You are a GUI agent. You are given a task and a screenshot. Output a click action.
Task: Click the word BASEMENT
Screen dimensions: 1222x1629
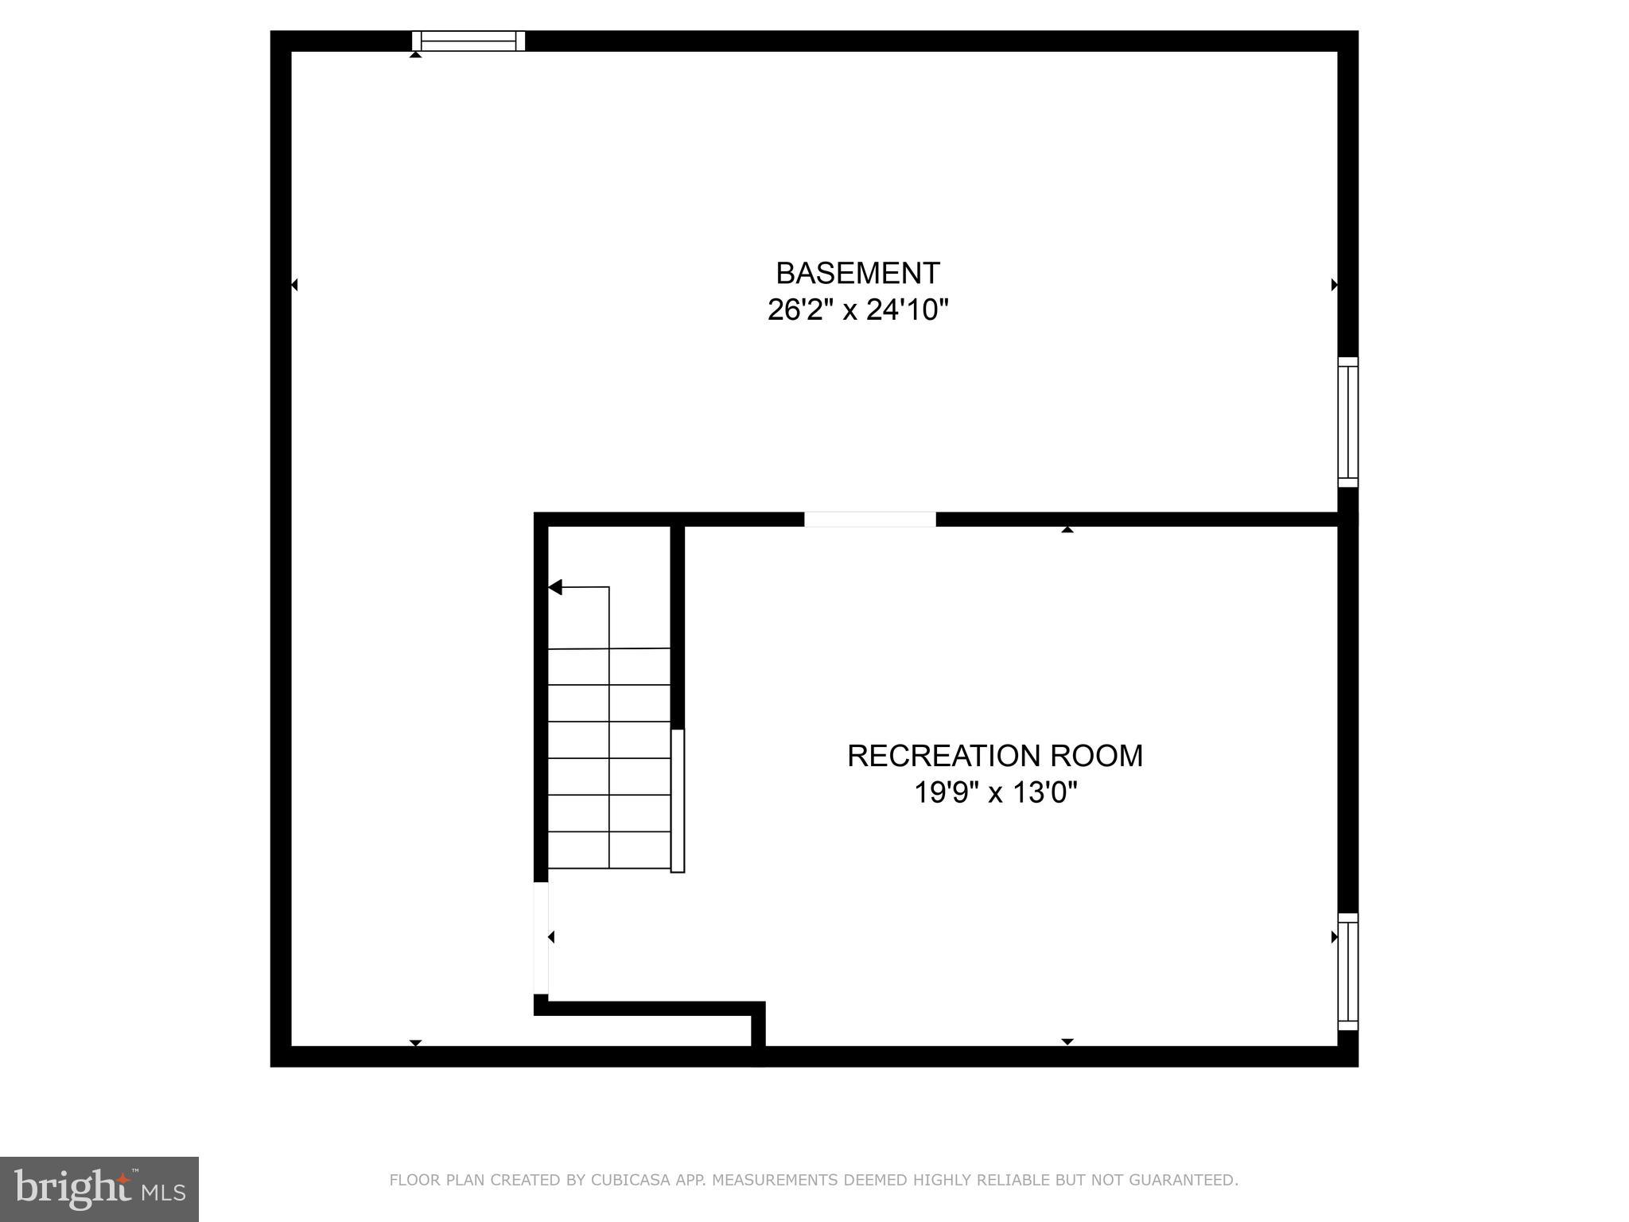(857, 274)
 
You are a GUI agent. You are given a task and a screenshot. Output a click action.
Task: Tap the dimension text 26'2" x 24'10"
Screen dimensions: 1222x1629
(857, 309)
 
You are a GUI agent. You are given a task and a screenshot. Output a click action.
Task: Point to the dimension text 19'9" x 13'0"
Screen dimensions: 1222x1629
(995, 792)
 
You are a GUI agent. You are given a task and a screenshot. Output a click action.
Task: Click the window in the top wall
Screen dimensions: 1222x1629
(468, 41)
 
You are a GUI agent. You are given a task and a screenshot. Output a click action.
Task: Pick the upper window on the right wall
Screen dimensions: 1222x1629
(1347, 422)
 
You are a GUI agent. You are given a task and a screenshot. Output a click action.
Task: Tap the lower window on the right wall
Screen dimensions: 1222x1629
(1347, 971)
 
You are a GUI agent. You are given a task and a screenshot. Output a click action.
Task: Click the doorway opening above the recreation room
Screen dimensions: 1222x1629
(869, 520)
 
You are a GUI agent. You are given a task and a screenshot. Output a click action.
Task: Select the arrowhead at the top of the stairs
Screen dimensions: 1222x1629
(555, 587)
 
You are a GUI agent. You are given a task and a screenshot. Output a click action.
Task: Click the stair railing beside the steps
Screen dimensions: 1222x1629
(677, 800)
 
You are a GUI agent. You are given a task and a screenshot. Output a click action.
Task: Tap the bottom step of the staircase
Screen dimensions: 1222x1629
(609, 850)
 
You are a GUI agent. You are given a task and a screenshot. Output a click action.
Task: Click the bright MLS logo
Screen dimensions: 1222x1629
(99, 1189)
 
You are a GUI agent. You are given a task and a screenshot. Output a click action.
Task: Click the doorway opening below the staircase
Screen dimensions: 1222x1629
(541, 938)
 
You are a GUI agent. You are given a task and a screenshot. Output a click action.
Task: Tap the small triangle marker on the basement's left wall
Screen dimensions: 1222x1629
(294, 284)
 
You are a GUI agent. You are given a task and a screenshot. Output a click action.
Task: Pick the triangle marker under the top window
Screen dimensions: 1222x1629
(415, 54)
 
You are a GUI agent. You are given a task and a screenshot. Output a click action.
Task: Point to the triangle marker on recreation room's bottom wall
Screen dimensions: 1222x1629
(1067, 1041)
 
